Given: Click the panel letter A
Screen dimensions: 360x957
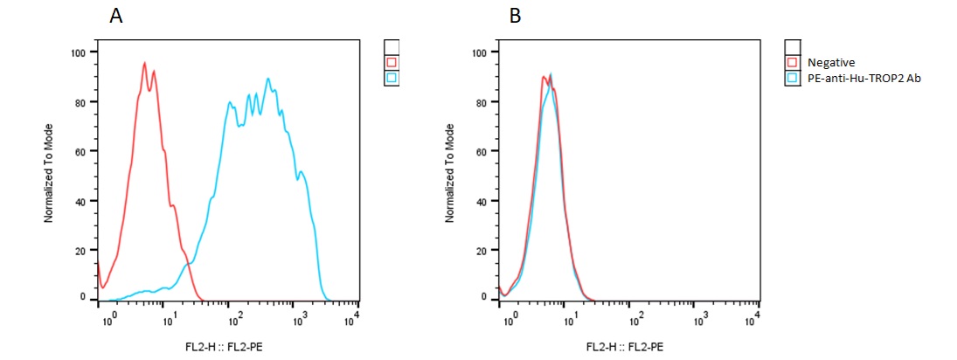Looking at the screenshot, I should [114, 16].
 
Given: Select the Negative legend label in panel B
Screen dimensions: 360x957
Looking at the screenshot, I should [830, 63].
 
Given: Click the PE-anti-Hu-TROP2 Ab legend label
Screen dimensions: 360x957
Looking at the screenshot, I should [864, 78].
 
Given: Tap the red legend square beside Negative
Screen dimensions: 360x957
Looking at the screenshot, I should [793, 63].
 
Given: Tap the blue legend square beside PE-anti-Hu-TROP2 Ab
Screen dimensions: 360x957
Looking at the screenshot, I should [793, 78].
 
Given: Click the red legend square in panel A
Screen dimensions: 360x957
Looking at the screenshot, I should [392, 63].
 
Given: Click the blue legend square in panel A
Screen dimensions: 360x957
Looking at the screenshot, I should [392, 78].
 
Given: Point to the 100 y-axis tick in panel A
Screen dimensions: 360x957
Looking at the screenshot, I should [79, 52].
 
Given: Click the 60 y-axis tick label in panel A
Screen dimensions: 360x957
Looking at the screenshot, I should [81, 151].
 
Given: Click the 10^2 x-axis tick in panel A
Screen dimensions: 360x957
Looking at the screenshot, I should [231, 315].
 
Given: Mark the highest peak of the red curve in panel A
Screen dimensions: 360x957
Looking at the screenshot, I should [144, 63].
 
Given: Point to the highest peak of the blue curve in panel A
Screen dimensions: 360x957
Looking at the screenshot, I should [268, 79].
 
